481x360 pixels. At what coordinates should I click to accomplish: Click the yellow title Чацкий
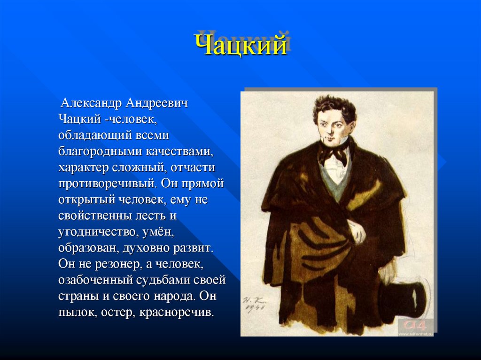pyautogui.click(x=240, y=46)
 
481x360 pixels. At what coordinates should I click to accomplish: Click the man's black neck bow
pyautogui.click(x=334, y=153)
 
